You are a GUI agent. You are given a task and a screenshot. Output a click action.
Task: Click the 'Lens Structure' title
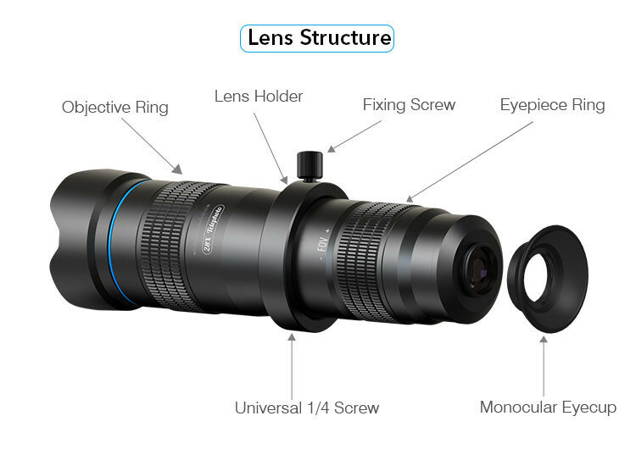[x=318, y=38]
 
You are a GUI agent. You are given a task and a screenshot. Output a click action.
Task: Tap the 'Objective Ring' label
[x=115, y=108]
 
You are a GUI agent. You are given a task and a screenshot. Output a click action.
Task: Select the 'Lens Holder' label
[x=258, y=97]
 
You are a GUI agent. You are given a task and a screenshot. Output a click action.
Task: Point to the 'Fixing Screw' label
[x=409, y=105]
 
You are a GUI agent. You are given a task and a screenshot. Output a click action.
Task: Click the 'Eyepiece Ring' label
[x=552, y=105]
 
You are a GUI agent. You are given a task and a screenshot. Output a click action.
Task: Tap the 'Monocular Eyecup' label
[x=548, y=408]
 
